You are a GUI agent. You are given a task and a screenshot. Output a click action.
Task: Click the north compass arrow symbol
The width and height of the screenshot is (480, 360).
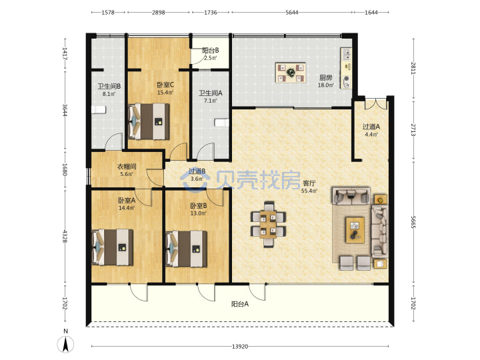pos(65,344)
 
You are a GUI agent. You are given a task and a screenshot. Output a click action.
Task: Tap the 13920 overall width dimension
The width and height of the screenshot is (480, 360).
pos(240,347)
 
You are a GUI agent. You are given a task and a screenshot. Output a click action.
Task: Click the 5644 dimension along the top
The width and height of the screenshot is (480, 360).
pos(292,12)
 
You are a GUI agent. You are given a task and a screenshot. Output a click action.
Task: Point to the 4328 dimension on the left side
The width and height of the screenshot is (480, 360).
pos(65,236)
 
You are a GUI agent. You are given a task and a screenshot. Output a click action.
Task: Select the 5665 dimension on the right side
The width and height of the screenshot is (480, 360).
pos(413,221)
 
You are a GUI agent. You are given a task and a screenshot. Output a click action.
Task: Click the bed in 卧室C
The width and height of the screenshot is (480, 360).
pos(149,121)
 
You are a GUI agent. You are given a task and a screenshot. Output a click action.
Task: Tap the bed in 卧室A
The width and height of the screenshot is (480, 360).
pos(113,247)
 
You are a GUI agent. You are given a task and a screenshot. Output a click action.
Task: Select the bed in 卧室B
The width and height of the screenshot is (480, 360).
pos(186,249)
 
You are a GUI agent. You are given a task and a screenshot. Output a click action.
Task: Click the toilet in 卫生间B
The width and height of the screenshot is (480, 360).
pos(99,109)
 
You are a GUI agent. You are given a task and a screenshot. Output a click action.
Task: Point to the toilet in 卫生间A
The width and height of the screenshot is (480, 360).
pos(221,123)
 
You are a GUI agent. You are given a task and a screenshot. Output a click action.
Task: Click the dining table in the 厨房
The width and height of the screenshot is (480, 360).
pos(290,73)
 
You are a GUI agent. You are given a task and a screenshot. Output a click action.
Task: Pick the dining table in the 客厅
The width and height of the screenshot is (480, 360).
pos(269,224)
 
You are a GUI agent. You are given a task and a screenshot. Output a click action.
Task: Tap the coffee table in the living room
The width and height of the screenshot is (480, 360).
pos(355,230)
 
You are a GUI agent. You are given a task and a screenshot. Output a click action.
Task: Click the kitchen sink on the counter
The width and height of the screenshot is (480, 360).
pos(347,55)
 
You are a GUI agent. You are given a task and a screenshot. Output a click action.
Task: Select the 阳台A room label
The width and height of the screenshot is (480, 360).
pos(240,304)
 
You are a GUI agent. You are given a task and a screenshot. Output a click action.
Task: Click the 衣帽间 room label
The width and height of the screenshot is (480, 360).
pos(127,167)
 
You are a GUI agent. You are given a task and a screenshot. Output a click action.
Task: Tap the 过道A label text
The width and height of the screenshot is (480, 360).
pos(371,127)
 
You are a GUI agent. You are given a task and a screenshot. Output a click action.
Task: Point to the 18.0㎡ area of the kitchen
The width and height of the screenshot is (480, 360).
pos(325,85)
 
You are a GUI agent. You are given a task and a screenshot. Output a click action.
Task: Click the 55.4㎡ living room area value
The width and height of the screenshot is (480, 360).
pos(309,191)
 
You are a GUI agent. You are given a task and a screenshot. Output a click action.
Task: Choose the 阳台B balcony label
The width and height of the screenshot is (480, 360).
pos(210,50)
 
